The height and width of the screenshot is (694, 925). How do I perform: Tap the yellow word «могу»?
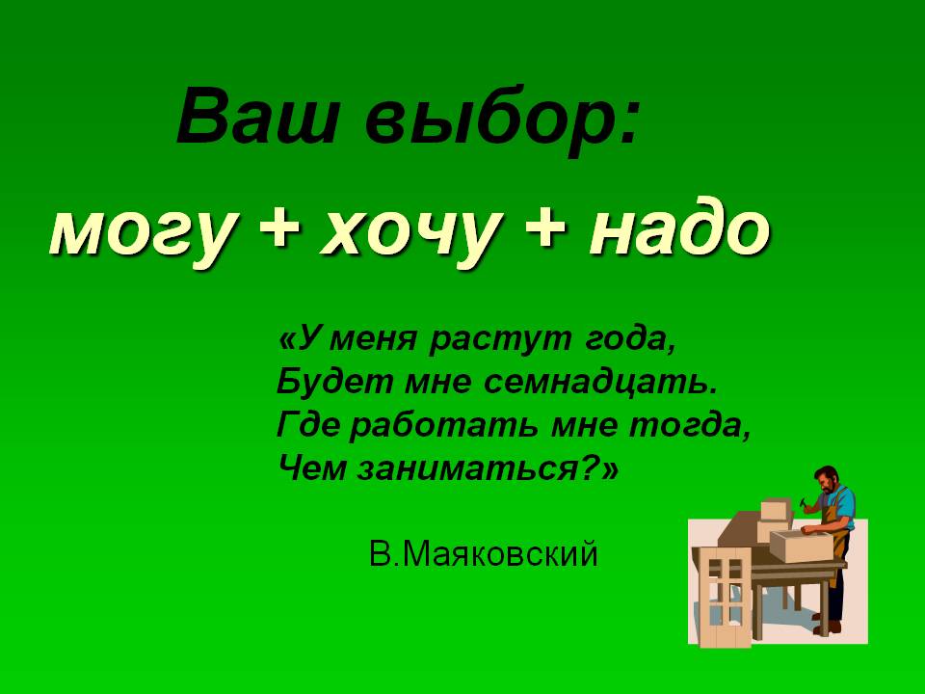point(144,232)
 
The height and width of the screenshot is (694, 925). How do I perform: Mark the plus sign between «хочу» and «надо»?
point(543,227)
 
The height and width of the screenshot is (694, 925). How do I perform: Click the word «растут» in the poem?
point(500,340)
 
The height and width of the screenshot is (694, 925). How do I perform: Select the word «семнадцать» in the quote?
point(601,383)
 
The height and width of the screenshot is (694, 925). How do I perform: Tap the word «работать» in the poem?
point(443,425)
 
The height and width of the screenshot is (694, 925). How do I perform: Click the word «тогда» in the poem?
point(689,425)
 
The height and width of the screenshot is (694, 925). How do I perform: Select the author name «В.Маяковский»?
point(484,555)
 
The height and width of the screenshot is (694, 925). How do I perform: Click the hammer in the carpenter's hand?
point(805,504)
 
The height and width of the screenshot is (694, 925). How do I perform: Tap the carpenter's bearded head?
point(827,481)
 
